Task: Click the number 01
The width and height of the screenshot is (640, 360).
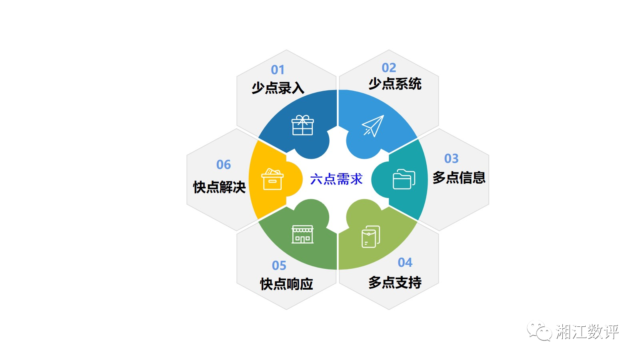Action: (278, 70)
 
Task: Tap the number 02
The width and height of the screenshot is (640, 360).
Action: (389, 68)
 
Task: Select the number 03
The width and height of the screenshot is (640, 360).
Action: (452, 158)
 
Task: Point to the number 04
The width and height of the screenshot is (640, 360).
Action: (405, 262)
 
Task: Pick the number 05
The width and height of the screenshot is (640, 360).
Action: (279, 266)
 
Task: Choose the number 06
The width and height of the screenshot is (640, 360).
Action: (224, 164)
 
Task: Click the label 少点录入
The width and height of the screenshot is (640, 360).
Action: (278, 88)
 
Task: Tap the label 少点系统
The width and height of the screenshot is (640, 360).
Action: (395, 84)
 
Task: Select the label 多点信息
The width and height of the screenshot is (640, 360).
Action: (459, 178)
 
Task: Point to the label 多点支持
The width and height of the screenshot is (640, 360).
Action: (395, 282)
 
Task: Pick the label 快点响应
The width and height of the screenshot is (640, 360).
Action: (286, 284)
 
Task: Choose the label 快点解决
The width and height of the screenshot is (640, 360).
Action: (220, 188)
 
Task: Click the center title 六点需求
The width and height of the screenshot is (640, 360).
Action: (336, 179)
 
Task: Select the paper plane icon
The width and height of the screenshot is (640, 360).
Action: (373, 126)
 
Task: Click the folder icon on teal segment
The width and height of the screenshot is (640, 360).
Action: (404, 179)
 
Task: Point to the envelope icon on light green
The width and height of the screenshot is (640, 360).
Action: (371, 237)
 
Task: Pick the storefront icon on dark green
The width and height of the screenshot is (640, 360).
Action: (302, 234)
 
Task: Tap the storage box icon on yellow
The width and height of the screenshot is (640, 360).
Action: (272, 179)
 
